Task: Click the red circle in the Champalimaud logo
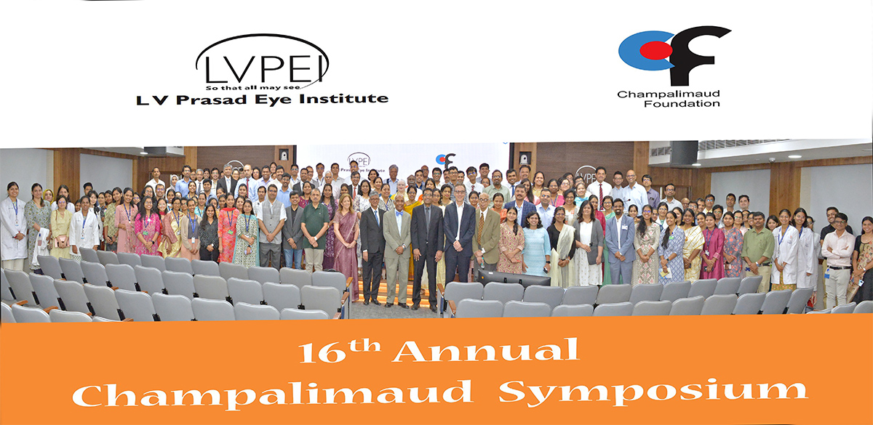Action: coord(656,51)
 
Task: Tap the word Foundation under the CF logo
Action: coord(682,103)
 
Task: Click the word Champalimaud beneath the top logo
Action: coord(669,94)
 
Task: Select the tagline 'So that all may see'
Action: coord(253,88)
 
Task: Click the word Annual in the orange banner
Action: coord(486,350)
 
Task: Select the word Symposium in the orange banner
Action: coord(653,393)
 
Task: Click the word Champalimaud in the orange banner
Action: coord(272,394)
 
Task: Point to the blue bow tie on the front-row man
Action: coord(399,214)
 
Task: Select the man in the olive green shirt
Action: coord(757,249)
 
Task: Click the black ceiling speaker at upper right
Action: coord(684,153)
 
